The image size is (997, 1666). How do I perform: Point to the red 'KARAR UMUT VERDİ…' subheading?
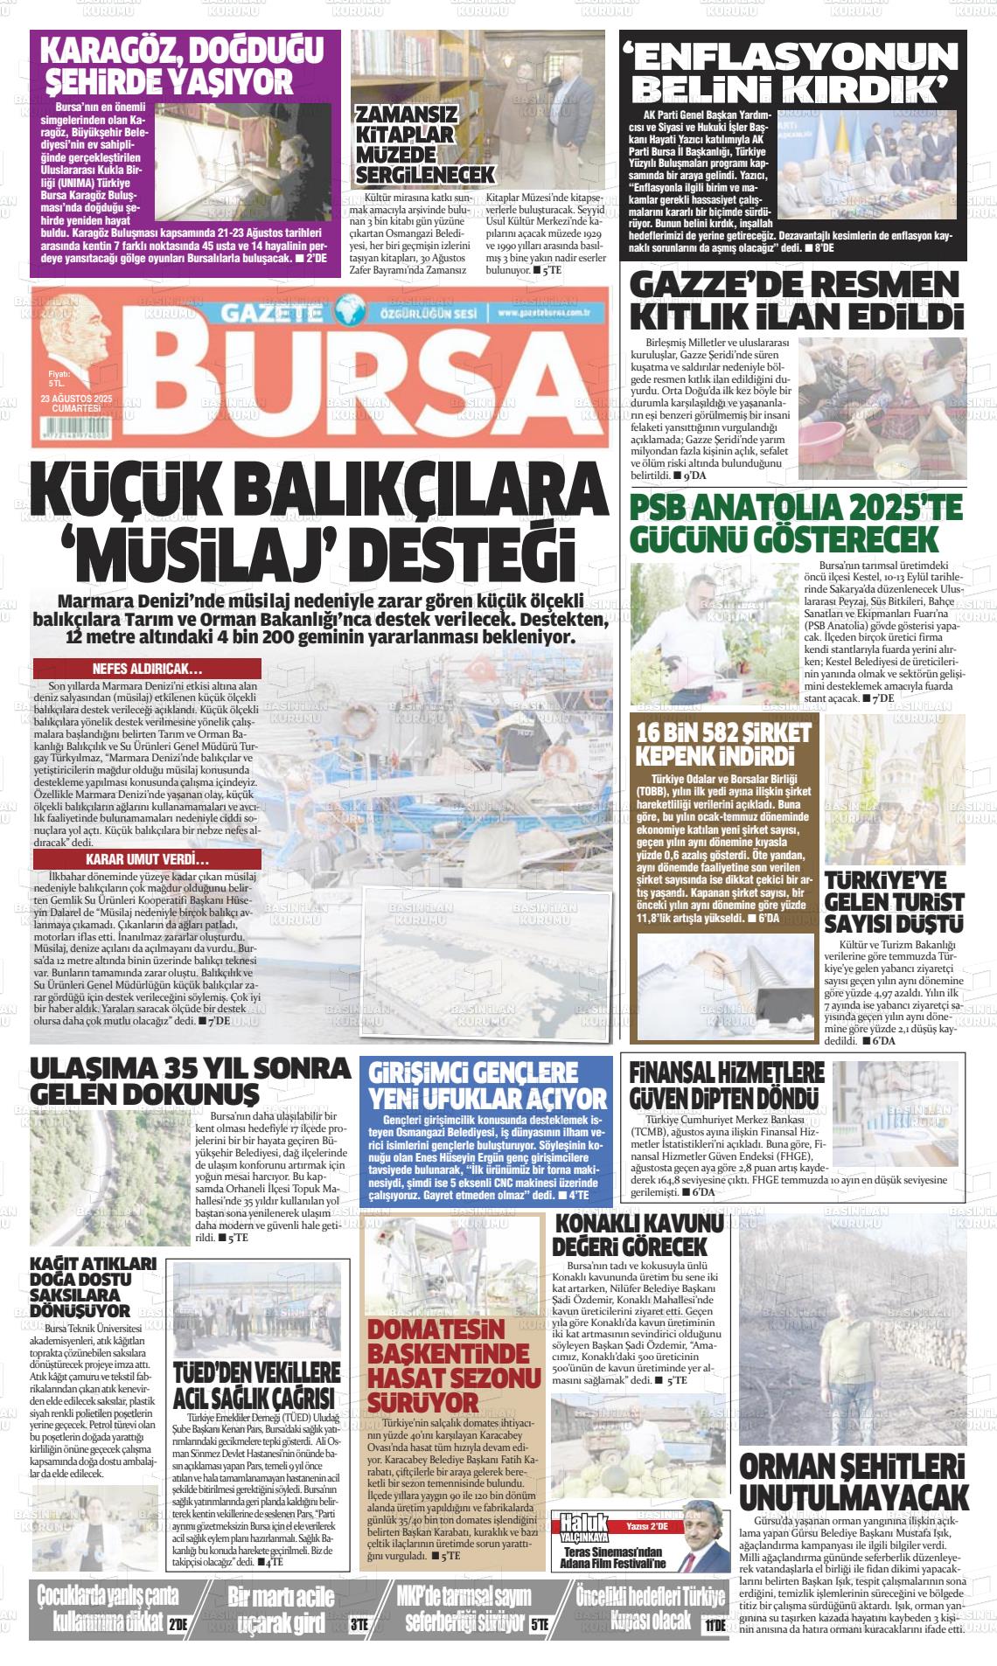(x=146, y=859)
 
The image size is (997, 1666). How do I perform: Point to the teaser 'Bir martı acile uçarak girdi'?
(x=281, y=1610)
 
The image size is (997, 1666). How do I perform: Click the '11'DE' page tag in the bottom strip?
(x=715, y=1625)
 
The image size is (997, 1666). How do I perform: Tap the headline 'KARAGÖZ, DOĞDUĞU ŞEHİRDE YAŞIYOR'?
(x=183, y=66)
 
